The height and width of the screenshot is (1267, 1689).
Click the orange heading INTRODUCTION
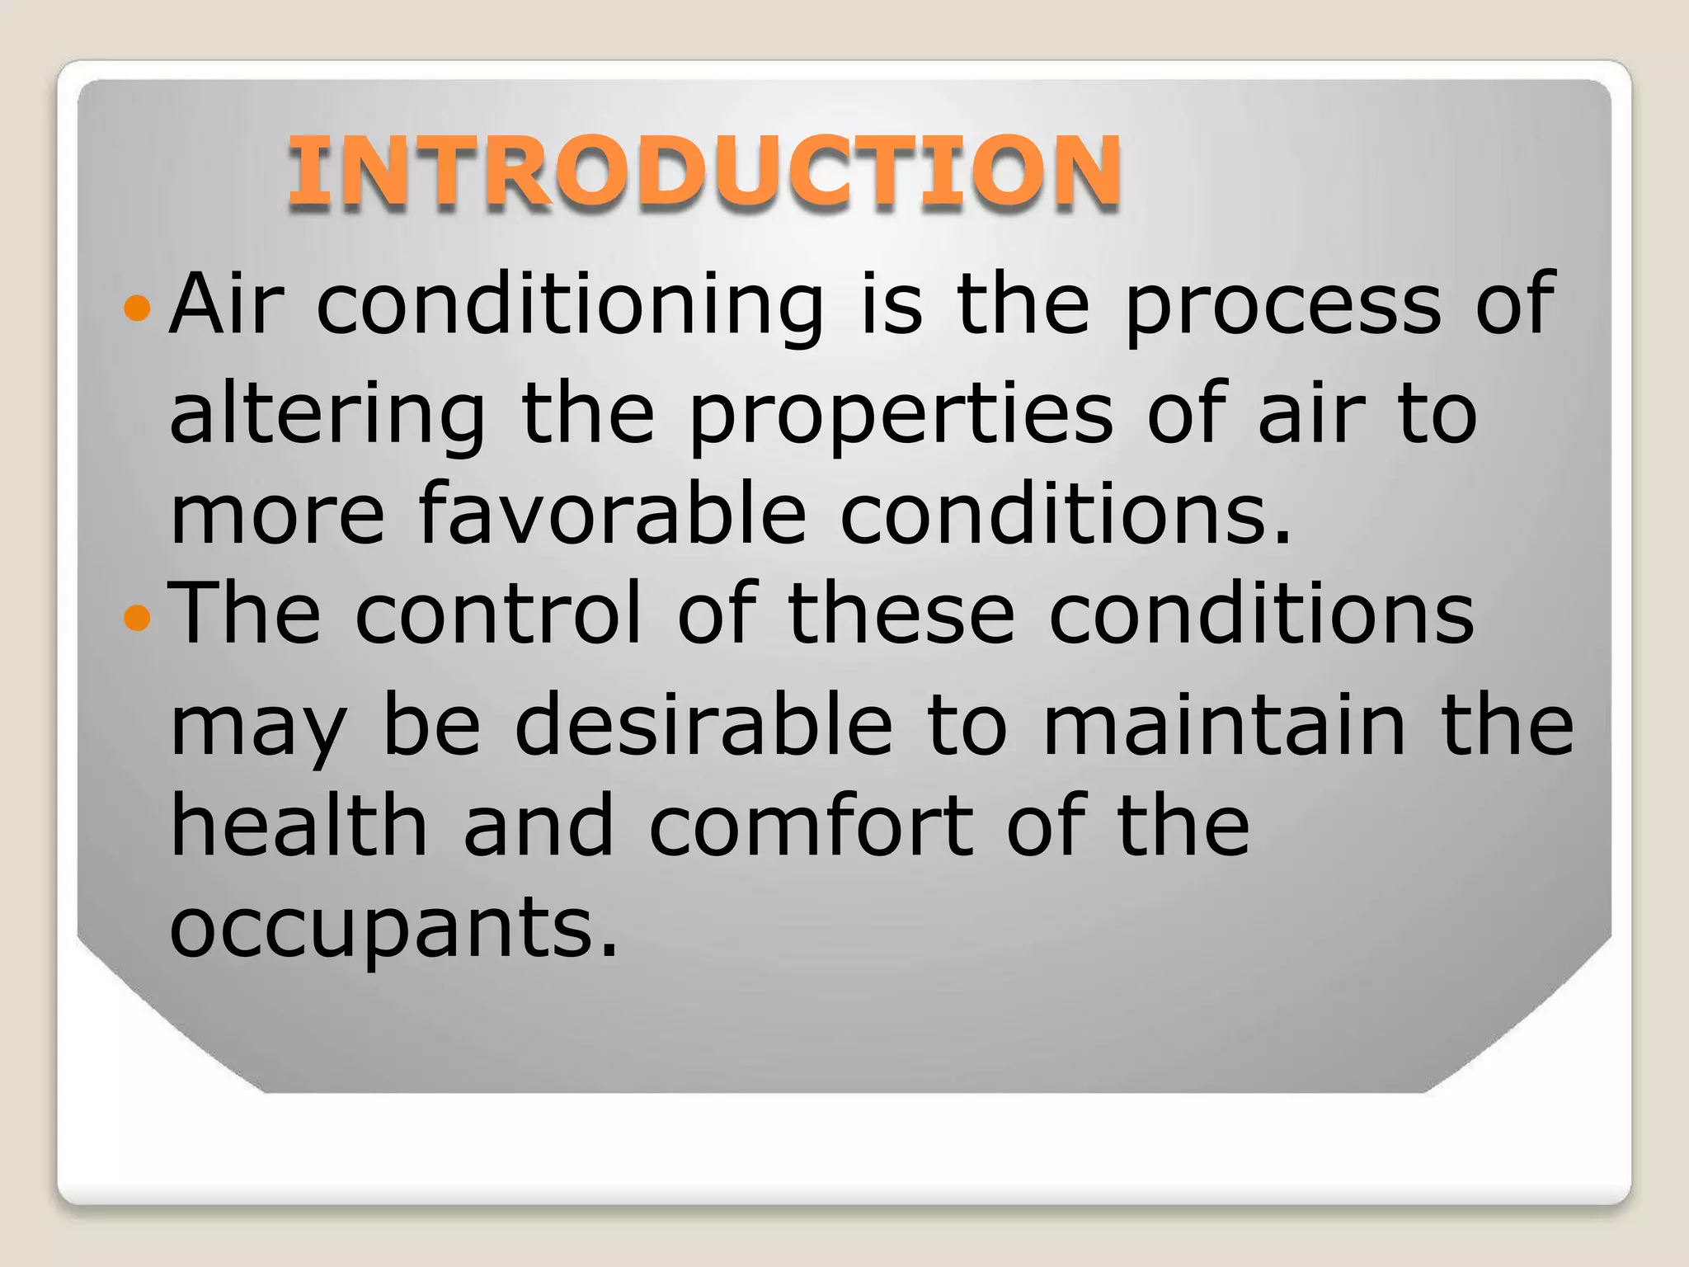tap(703, 171)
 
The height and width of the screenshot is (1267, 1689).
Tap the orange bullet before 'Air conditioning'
tap(137, 309)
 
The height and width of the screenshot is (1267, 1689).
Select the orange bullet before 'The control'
tap(137, 617)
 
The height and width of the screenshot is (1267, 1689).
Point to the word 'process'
tap(1283, 307)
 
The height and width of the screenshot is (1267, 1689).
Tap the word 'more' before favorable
tap(277, 515)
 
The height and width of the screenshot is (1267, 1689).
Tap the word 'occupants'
tap(393, 927)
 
